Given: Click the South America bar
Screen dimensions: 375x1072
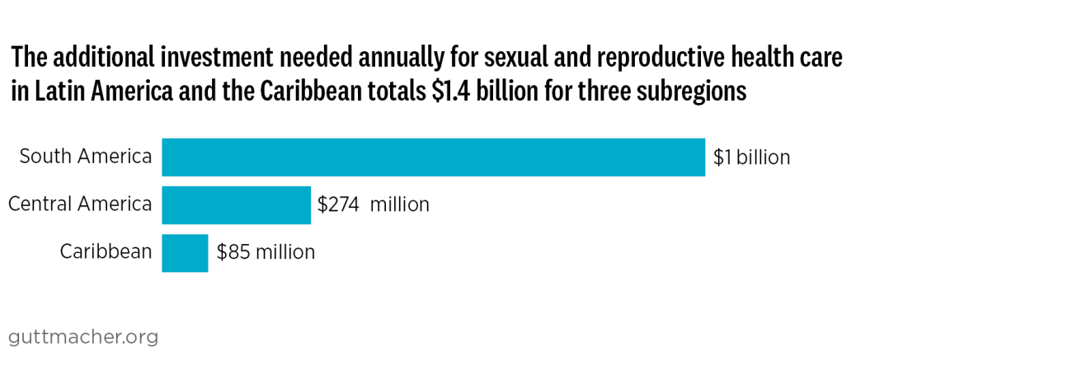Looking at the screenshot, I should click(433, 157).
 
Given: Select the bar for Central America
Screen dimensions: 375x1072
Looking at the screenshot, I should click(236, 204).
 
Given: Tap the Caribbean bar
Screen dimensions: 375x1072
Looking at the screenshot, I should click(185, 252).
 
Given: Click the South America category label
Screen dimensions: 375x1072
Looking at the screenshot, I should click(86, 157).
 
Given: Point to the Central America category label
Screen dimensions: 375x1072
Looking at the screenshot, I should click(80, 204).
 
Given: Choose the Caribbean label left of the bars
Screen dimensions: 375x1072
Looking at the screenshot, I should click(106, 251).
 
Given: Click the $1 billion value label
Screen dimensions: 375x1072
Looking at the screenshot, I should click(751, 157).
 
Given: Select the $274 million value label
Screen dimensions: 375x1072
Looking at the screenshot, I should click(374, 204).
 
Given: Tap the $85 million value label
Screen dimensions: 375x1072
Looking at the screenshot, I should click(266, 252).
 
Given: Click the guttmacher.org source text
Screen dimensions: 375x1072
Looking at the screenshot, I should click(82, 337).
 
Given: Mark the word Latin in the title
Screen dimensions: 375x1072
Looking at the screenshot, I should click(56, 91).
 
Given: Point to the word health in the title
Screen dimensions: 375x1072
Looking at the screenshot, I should click(763, 59).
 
